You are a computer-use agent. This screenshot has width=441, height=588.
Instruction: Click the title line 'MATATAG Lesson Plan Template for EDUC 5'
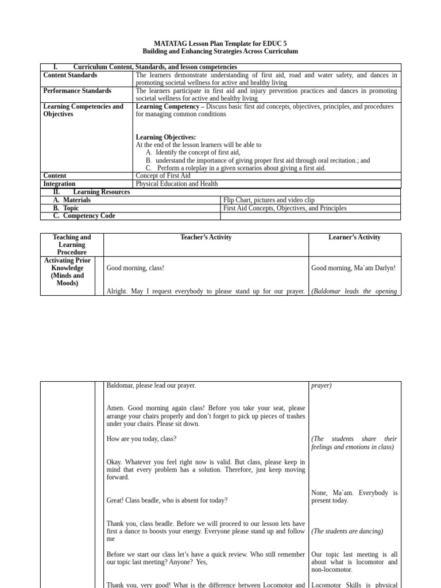click(x=220, y=44)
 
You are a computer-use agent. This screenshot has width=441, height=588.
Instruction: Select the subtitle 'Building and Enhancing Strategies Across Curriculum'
click(x=220, y=51)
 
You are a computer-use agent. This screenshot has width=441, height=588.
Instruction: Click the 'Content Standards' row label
click(x=70, y=75)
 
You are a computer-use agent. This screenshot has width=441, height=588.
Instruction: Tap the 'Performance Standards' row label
click(x=77, y=91)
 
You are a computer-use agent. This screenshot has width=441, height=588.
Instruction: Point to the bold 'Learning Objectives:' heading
click(x=165, y=137)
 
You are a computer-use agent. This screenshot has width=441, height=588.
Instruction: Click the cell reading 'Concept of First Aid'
click(x=163, y=176)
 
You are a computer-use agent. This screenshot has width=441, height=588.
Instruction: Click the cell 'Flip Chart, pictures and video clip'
click(x=269, y=200)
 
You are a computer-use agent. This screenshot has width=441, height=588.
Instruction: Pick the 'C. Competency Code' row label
click(x=84, y=216)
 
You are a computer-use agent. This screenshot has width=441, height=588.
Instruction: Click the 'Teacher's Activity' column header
click(x=206, y=237)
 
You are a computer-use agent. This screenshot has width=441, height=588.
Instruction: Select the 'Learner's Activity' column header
click(x=354, y=237)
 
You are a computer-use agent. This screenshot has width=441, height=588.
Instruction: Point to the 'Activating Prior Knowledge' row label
click(x=67, y=272)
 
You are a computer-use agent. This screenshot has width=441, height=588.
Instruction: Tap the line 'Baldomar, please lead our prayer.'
click(x=151, y=385)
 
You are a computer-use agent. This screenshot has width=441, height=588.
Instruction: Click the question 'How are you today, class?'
click(x=141, y=439)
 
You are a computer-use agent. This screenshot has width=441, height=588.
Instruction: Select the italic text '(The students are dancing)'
click(x=347, y=531)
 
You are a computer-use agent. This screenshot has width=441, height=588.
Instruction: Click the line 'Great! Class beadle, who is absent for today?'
click(x=167, y=500)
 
